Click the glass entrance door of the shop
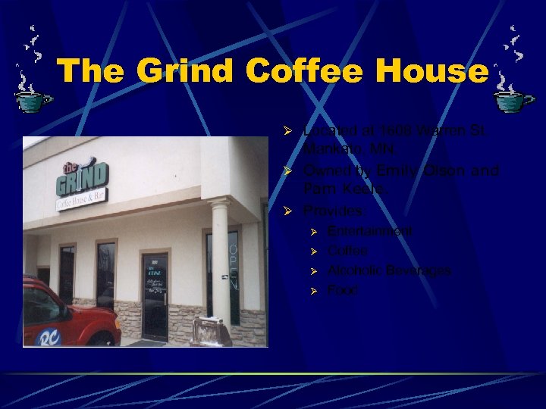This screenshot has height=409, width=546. click(x=155, y=295)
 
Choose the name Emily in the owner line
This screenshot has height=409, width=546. click(x=396, y=170)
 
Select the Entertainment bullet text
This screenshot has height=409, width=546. click(x=371, y=230)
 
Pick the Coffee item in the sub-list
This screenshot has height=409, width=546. click(x=347, y=251)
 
